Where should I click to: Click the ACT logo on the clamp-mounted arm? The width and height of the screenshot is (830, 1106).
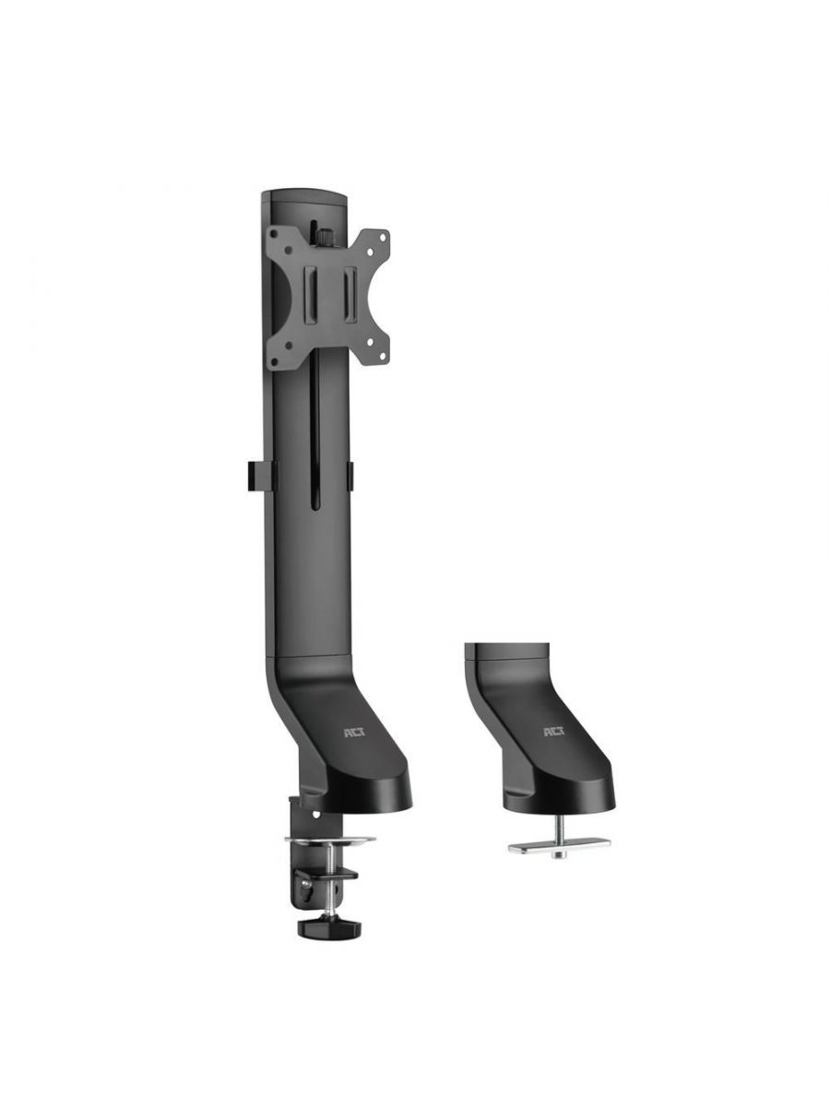(x=353, y=734)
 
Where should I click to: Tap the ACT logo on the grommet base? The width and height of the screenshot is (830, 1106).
(x=554, y=733)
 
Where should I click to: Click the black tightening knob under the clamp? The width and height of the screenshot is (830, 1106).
(x=329, y=927)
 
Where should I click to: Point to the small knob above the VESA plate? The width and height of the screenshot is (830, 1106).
(x=325, y=237)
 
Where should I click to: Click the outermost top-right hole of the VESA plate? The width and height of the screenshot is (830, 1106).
(x=383, y=238)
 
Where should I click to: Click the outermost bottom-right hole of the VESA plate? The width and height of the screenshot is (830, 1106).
(x=383, y=357)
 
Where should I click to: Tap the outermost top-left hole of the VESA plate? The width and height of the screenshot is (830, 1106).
(x=274, y=234)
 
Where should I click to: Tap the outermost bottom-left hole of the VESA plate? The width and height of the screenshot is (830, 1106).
(x=274, y=362)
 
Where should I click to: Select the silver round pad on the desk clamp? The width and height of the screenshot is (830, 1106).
(x=329, y=841)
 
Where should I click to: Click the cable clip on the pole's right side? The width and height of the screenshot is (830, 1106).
(x=350, y=474)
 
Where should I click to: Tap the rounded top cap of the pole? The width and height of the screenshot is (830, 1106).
(x=303, y=197)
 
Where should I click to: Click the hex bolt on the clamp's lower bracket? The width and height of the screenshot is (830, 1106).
(x=306, y=884)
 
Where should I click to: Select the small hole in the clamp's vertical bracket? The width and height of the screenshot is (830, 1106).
(x=316, y=815)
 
